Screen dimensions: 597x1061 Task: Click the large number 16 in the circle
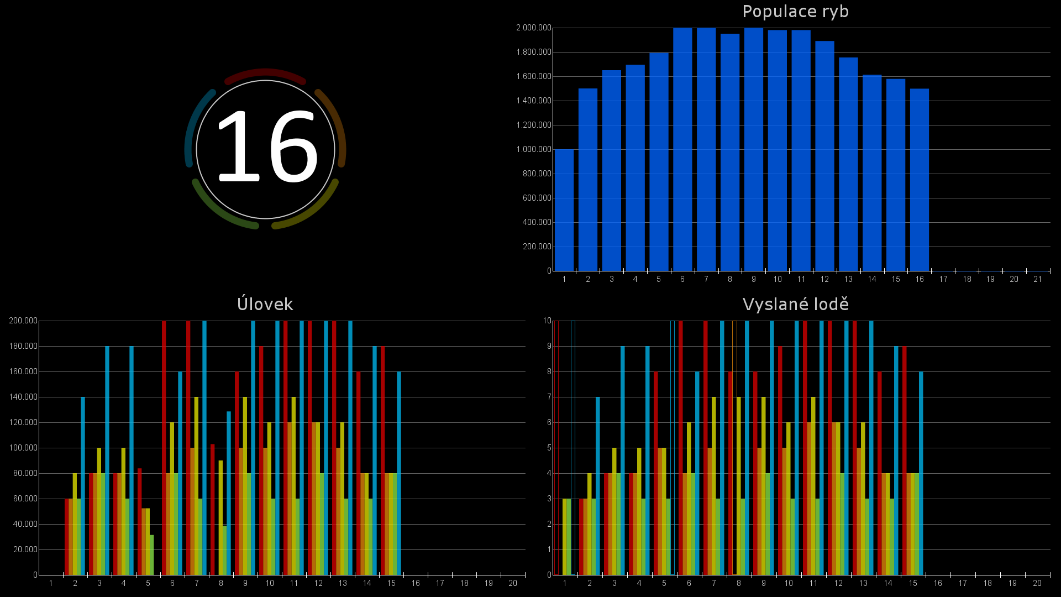coord(266,146)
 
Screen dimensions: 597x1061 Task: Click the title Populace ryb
coord(795,12)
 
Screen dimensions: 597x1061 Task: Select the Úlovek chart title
coord(265,304)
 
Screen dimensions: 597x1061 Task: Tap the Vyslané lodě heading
coord(795,304)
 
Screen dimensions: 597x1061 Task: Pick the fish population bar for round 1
coord(564,210)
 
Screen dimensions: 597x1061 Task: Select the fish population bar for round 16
coord(919,180)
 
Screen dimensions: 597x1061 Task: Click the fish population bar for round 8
coord(729,152)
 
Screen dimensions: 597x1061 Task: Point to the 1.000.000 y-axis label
coord(534,149)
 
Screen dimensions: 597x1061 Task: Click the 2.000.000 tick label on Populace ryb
coord(534,28)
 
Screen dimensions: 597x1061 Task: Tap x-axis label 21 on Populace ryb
coord(1037,279)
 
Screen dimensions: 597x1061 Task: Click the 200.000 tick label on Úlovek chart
coord(23,321)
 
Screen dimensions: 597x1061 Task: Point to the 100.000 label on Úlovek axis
coord(23,448)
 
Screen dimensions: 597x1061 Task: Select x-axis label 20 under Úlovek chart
coord(513,583)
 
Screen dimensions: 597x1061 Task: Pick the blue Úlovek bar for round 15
coord(399,473)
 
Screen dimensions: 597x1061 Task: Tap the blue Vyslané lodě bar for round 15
coord(921,473)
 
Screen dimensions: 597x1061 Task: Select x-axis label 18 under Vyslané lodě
coord(988,583)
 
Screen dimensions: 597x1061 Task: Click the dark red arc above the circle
coord(265,72)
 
